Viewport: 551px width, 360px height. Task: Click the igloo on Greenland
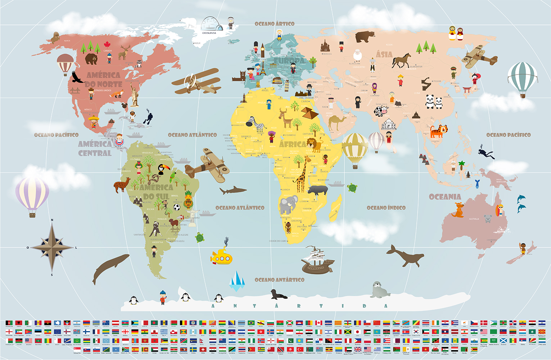212,24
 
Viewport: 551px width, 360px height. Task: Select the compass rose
52,247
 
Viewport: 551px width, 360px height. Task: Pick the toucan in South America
162,169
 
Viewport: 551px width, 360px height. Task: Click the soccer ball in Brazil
176,207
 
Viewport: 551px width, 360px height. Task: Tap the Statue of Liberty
135,95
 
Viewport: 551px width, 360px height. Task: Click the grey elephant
288,204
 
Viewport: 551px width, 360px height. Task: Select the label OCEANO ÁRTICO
274,24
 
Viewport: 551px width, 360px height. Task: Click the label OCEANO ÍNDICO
386,208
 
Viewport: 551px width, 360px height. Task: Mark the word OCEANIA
445,197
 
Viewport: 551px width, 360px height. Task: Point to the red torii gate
467,89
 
